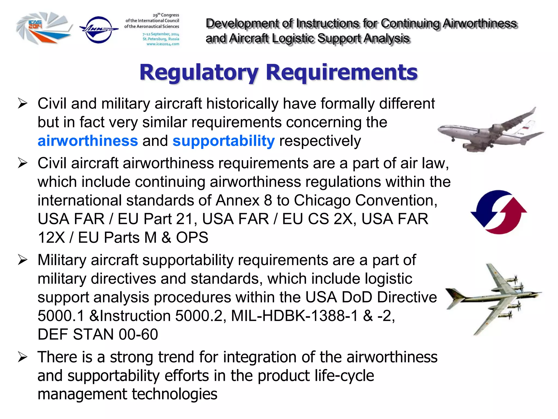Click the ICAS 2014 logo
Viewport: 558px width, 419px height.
coord(44,28)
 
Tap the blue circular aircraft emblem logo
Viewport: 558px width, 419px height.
coord(99,29)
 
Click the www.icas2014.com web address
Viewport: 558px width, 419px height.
coord(163,44)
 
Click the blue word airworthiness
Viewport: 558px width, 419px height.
coord(88,141)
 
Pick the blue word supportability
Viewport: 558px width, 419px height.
coord(223,141)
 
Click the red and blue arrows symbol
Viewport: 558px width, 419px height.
coord(499,212)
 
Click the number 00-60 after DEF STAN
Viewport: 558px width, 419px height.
coord(138,334)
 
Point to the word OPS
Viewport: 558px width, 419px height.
coord(192,237)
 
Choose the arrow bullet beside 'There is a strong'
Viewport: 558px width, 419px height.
coord(23,357)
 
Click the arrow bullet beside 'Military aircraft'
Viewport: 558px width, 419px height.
coord(23,260)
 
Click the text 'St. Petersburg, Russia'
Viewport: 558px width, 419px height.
coord(161,39)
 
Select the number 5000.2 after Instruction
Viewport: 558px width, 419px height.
coord(199,316)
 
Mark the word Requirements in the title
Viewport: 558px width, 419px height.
coord(341,72)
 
